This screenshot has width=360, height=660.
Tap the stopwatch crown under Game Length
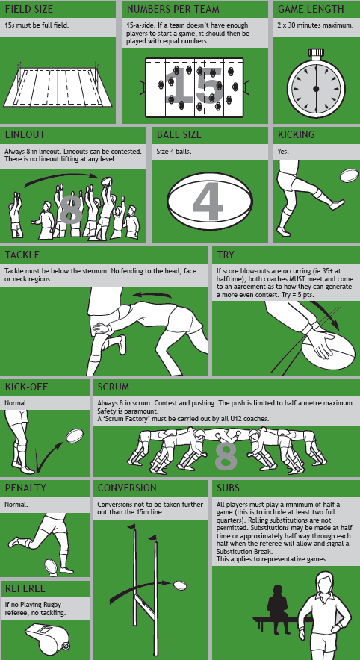(315, 54)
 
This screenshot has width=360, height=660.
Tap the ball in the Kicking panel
(349, 175)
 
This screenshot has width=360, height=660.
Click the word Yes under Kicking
(283, 152)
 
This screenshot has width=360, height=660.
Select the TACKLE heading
(22, 255)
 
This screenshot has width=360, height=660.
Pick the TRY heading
(226, 255)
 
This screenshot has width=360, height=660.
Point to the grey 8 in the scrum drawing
(226, 455)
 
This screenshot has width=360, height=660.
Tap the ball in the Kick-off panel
(75, 435)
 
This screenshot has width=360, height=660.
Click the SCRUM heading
(114, 387)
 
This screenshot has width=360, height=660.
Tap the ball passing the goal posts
(180, 585)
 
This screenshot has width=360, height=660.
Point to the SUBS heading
(229, 488)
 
